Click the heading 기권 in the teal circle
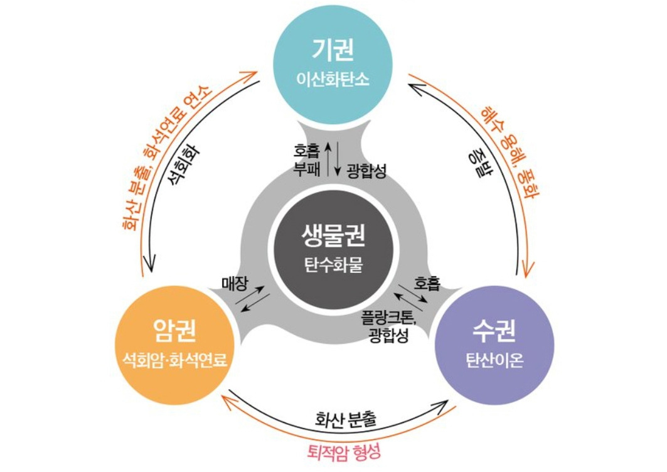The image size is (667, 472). point(333,50)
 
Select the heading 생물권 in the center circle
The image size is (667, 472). point(333,237)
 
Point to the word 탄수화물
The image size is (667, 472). point(333,265)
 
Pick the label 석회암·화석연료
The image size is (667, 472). point(174,360)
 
